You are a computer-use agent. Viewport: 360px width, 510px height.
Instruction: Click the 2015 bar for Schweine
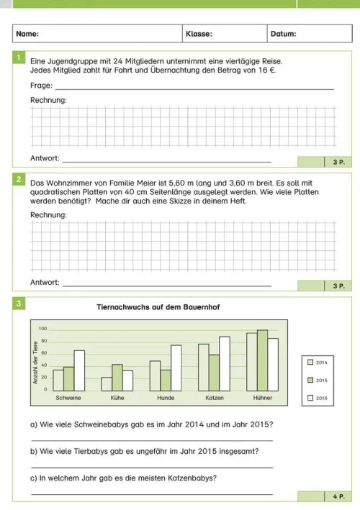click(x=68, y=378)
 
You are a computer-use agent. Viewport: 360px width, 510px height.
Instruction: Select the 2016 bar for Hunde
click(x=176, y=368)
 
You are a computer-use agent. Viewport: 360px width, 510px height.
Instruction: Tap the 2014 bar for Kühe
click(x=107, y=383)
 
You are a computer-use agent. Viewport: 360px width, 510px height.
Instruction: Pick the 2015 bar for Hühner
click(x=262, y=360)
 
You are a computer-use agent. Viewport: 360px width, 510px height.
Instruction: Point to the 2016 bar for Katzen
click(x=224, y=363)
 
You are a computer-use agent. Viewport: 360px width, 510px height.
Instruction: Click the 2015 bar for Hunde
click(x=166, y=380)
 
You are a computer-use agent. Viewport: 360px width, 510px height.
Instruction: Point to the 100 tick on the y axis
click(x=43, y=328)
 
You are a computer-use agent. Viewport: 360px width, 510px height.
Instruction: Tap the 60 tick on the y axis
click(x=43, y=353)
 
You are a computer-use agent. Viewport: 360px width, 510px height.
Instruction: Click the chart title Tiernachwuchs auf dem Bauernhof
click(x=158, y=307)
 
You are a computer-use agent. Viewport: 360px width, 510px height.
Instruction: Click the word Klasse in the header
click(x=198, y=34)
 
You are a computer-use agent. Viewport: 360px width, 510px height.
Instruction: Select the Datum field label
click(x=283, y=34)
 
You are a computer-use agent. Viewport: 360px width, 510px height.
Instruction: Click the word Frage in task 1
click(x=40, y=86)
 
